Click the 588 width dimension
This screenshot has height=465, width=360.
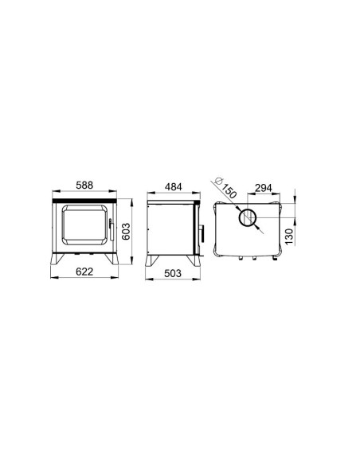[84, 185]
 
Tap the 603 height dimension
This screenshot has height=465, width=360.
[126, 232]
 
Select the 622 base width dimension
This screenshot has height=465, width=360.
[84, 272]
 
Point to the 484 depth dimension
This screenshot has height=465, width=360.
[174, 187]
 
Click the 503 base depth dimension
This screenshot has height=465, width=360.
[173, 273]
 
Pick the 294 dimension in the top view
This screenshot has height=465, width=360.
[264, 188]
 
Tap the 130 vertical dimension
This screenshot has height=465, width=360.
[289, 236]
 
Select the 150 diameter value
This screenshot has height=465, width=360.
[229, 191]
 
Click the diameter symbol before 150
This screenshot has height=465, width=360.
[219, 180]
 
